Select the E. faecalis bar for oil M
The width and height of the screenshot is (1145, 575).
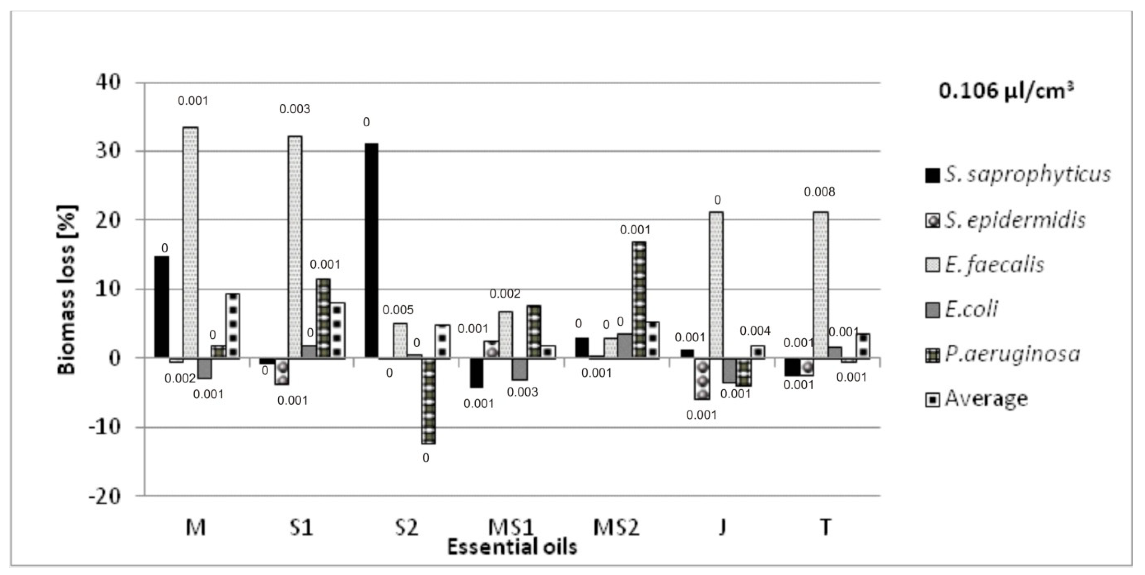pyautogui.click(x=191, y=242)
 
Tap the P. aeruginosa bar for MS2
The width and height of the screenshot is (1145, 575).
pyautogui.click(x=639, y=299)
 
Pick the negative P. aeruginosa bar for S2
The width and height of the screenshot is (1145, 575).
pyautogui.click(x=429, y=401)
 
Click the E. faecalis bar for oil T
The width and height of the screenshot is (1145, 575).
pyautogui.click(x=820, y=284)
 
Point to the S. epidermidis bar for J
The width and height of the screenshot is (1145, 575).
pyautogui.click(x=702, y=378)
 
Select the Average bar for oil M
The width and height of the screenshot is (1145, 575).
pyautogui.click(x=232, y=325)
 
